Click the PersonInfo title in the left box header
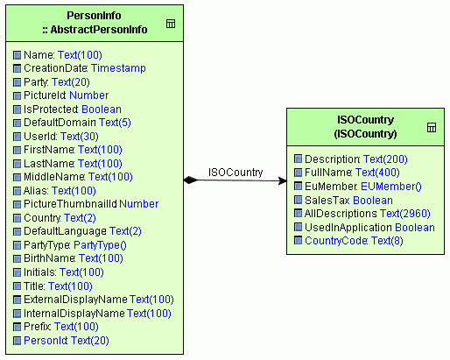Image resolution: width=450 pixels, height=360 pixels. (94, 16)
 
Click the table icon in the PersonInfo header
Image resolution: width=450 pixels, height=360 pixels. (171, 24)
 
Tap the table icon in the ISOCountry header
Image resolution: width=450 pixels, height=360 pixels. (432, 128)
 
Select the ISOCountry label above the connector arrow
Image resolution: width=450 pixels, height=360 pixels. (236, 173)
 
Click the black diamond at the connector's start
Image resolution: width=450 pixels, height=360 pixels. (191, 180)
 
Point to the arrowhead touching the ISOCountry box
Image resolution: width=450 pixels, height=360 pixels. (283, 180)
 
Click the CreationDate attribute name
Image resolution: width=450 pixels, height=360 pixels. (55, 68)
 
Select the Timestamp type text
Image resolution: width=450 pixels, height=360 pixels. (118, 68)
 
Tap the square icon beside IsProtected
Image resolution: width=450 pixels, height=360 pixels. (18, 109)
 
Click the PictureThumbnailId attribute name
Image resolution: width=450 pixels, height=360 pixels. (70, 204)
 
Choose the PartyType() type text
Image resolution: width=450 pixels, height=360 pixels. (100, 245)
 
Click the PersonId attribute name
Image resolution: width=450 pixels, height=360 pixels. (46, 341)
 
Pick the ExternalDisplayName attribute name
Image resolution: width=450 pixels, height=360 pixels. (75, 300)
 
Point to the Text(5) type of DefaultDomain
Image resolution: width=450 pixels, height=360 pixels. (115, 123)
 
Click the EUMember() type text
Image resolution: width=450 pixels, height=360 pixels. (391, 187)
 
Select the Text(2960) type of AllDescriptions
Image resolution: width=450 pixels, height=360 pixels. (405, 214)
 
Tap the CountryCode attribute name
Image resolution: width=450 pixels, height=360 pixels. (336, 241)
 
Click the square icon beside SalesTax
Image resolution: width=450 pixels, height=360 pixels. (298, 200)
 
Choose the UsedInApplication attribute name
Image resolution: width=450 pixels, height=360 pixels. (348, 228)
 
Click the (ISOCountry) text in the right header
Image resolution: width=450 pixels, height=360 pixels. (365, 134)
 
